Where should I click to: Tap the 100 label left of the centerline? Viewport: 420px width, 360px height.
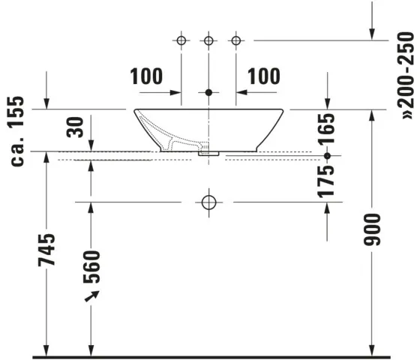(x=145, y=76)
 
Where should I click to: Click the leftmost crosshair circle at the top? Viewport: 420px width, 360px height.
(x=181, y=39)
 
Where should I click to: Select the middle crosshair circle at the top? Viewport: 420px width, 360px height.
(x=209, y=39)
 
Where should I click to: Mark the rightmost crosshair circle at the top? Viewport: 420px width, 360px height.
(x=237, y=39)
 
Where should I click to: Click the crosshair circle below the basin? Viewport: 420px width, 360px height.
(x=209, y=202)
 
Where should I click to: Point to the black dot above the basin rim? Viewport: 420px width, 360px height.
(x=209, y=93)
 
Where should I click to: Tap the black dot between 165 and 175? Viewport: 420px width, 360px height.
(x=327, y=156)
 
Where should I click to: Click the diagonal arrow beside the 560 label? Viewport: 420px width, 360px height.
(x=94, y=298)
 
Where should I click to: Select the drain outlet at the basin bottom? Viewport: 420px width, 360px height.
(x=209, y=151)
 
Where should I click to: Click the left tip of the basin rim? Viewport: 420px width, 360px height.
(x=136, y=110)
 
